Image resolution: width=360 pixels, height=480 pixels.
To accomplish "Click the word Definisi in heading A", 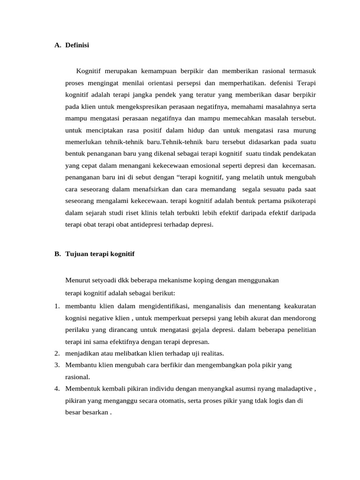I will point(77,45).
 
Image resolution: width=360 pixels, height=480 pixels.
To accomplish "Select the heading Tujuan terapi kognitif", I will point(100,254).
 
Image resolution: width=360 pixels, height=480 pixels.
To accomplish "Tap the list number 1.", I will point(56,306).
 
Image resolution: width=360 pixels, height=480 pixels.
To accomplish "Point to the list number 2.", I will point(56,353).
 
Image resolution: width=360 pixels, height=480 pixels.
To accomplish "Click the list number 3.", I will point(56,365).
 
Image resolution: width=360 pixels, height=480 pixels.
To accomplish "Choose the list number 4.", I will point(56,389).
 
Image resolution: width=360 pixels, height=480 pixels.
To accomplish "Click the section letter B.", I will point(57,254).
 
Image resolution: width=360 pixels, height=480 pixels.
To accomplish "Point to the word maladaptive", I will point(294,389).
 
